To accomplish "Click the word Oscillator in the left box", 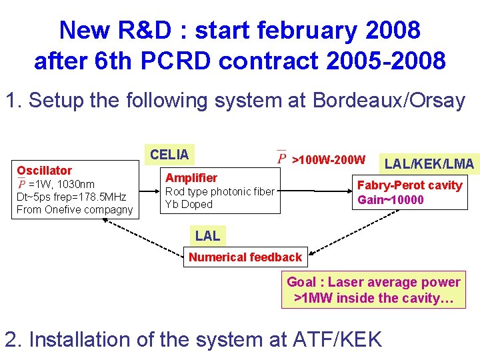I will click(x=44, y=171).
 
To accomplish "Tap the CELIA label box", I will click(x=169, y=155).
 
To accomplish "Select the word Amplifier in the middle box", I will click(x=191, y=177).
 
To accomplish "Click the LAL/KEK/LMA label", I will click(x=429, y=164).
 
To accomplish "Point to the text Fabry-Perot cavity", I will click(x=409, y=185).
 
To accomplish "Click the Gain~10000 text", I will click(x=390, y=200).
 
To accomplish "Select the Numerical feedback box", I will click(x=245, y=257).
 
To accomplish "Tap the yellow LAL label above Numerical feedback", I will click(x=207, y=235).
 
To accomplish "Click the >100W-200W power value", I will click(x=329, y=160).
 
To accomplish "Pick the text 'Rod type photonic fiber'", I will click(x=219, y=192).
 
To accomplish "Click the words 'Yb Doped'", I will click(x=189, y=205).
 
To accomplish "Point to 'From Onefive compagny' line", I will click(x=75, y=210).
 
